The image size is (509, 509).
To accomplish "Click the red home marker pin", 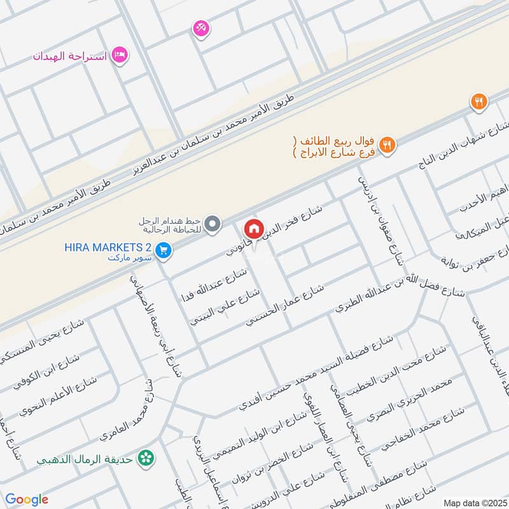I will pyautogui.click(x=253, y=228).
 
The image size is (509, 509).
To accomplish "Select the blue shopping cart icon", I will pyautogui.click(x=164, y=251).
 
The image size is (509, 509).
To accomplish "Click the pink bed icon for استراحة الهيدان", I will pyautogui.click(x=119, y=55).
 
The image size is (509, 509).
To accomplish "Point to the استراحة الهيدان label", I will pyautogui.click(x=70, y=56).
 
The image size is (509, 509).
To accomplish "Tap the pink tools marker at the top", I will pyautogui.click(x=201, y=27).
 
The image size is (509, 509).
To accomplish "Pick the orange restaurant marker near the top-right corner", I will pyautogui.click(x=478, y=101).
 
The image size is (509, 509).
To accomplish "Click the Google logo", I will pyautogui.click(x=27, y=499).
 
